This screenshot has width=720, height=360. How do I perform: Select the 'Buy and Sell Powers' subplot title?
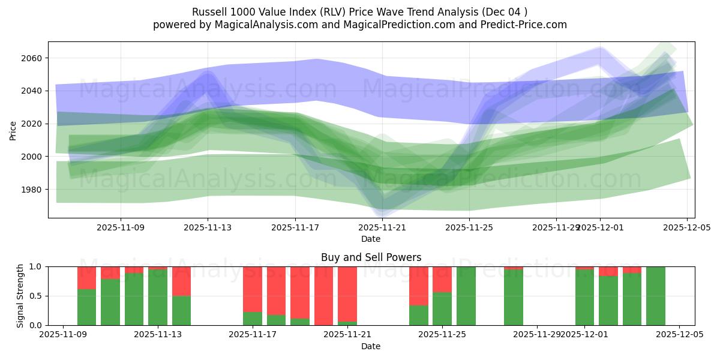[371, 257]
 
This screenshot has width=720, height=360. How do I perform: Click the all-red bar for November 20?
[323, 296]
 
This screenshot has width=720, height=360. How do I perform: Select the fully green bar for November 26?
[466, 296]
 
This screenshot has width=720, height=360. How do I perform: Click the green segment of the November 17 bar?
[253, 319]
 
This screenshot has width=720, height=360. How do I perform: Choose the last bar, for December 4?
[655, 296]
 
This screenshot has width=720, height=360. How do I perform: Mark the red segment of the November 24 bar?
[418, 286]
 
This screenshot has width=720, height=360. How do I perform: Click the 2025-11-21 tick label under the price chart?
[383, 228]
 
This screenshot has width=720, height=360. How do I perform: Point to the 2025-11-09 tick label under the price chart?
[121, 228]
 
